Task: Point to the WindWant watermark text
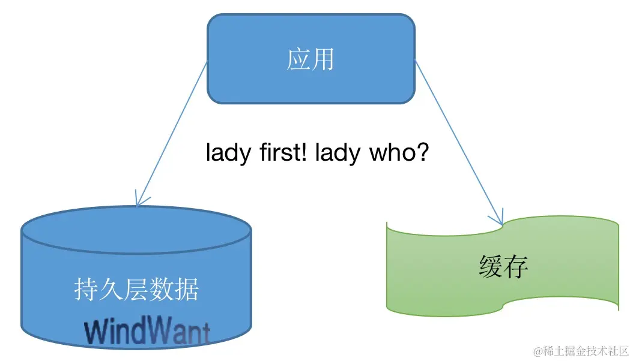coord(148,331)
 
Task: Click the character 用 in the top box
coord(323,60)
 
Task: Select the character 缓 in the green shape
coord(491,267)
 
